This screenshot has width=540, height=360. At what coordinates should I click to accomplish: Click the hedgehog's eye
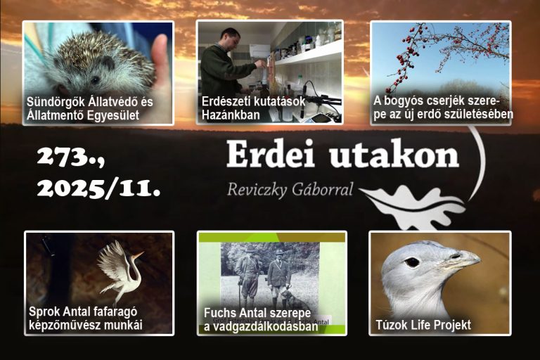[x=95, y=80]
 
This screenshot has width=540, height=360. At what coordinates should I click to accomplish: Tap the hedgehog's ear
[x=108, y=63]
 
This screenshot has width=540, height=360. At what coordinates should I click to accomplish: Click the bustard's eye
[x=412, y=262]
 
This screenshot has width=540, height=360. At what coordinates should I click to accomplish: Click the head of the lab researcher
[x=230, y=39]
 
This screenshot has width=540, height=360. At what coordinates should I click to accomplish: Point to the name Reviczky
[x=257, y=189]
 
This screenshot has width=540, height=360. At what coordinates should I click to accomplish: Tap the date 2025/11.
[x=98, y=188]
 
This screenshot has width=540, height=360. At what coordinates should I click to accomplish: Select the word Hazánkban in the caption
[x=231, y=115]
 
